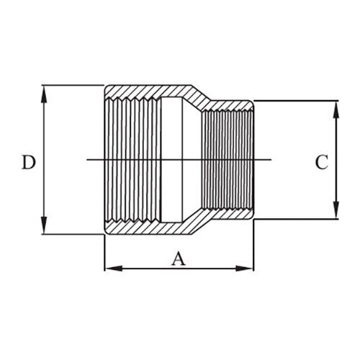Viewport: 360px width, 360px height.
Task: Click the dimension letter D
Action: click(x=28, y=163)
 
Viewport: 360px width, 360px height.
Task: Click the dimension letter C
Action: click(x=321, y=163)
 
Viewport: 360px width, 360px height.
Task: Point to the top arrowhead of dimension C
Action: click(x=336, y=106)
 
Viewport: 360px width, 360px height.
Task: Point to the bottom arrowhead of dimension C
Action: click(x=336, y=214)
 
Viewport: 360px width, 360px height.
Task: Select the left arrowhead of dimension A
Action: click(x=110, y=269)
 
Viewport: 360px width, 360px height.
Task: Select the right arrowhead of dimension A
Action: click(x=248, y=269)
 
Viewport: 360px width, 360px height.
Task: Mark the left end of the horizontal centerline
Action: click(x=88, y=159)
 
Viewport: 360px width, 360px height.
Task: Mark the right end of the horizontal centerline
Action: click(x=271, y=159)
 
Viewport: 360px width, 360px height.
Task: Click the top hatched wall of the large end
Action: click(x=144, y=91)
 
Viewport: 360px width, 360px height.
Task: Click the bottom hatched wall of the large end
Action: click(x=144, y=228)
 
